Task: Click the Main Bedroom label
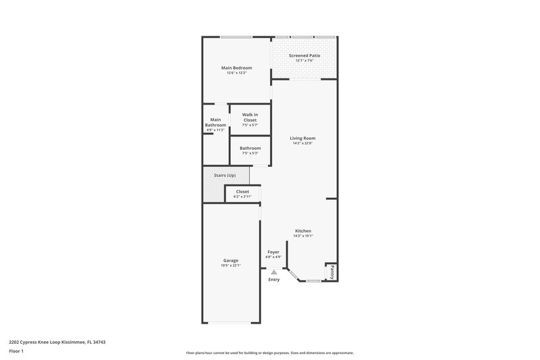[x=237, y=68]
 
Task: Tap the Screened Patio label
[x=304, y=55]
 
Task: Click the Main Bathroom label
[x=215, y=122]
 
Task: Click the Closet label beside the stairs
[x=242, y=191]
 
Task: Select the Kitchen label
[x=303, y=231]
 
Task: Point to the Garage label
[x=231, y=260]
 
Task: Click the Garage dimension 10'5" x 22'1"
[x=231, y=265]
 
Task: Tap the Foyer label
[x=273, y=251]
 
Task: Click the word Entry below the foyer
[x=273, y=279]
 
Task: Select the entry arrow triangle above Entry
[x=273, y=272]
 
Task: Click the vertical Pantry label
[x=332, y=272]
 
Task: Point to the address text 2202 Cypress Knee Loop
[x=57, y=342]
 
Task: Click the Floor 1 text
[x=17, y=351]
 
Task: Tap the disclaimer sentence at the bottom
[x=269, y=353]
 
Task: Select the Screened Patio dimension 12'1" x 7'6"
[x=304, y=61]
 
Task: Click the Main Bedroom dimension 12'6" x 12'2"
[x=237, y=73]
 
